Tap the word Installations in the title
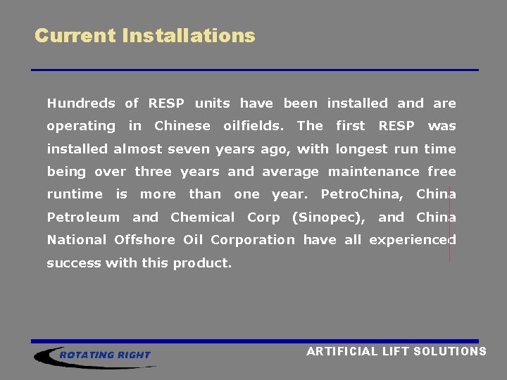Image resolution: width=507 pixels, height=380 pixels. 188,35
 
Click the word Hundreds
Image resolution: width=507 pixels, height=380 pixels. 80,103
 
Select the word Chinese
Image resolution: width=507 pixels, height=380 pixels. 182,126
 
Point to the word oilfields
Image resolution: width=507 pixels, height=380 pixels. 254,126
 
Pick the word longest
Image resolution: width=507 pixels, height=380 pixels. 360,149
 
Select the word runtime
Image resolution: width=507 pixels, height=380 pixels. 74,194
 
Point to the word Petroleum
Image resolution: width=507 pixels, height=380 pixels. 83,217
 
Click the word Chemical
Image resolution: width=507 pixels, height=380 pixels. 203,217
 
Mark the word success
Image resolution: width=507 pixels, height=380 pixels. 73,263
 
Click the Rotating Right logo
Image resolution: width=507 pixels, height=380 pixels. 94,355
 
